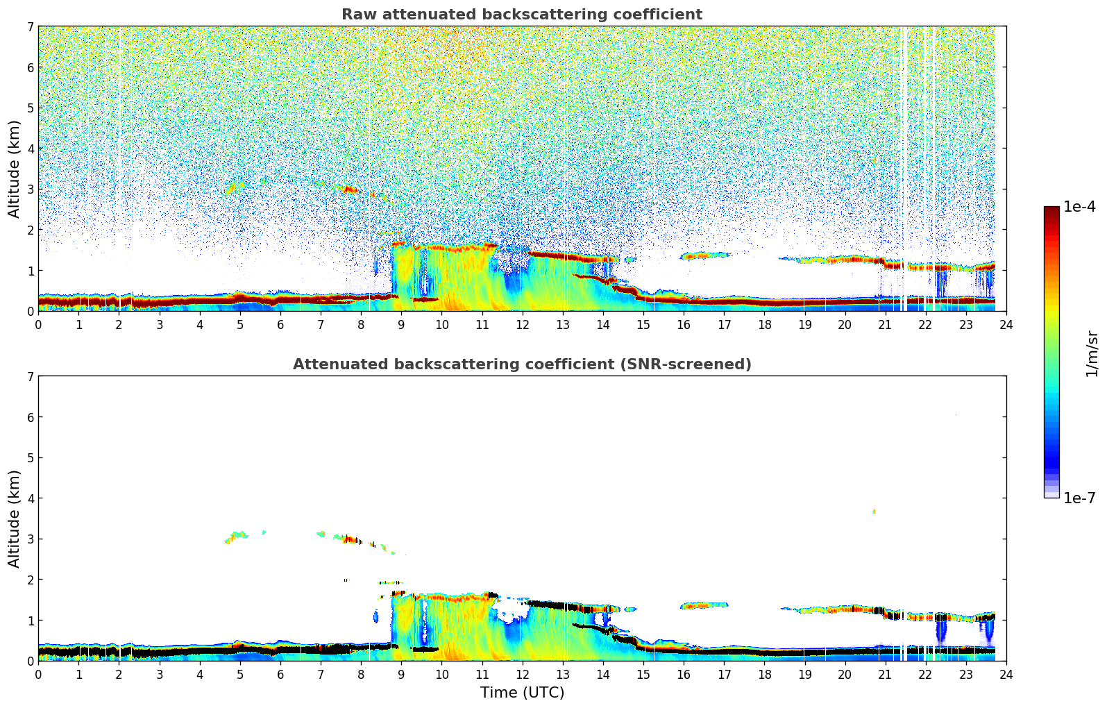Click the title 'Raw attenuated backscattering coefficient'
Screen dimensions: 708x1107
(x=521, y=15)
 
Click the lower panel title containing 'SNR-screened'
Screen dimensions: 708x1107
(x=521, y=364)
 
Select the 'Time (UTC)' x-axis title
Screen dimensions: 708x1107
(x=522, y=692)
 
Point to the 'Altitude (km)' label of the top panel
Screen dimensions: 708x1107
(x=15, y=169)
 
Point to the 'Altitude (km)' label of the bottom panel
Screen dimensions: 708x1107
(x=15, y=519)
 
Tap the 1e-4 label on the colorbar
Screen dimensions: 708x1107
(x=1079, y=207)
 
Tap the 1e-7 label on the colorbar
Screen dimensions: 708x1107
(x=1079, y=498)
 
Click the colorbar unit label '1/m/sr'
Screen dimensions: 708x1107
(x=1092, y=353)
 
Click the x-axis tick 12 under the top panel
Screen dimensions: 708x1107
(x=522, y=324)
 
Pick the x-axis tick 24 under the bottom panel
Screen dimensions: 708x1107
(x=1006, y=674)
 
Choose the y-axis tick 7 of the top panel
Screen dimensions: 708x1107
(x=30, y=27)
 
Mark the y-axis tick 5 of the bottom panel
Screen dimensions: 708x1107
(x=30, y=457)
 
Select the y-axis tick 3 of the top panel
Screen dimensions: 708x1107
(x=30, y=189)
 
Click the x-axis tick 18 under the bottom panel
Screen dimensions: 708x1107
(x=764, y=674)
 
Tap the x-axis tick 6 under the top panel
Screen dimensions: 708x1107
(x=280, y=324)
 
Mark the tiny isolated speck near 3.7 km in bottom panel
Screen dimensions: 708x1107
(x=874, y=512)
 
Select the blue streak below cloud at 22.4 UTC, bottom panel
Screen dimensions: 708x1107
(x=942, y=631)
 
